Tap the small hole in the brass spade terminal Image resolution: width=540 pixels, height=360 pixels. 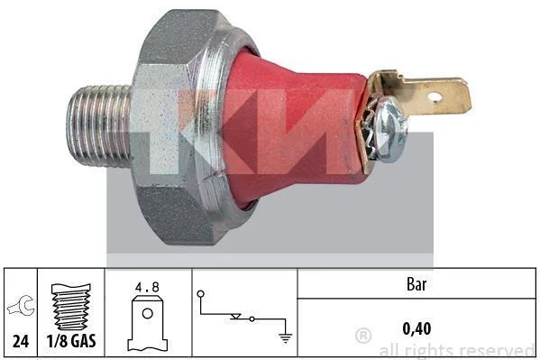tap(436, 97)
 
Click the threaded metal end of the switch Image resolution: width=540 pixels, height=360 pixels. tap(99, 126)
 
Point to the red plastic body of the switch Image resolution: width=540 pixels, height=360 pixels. tap(293, 128)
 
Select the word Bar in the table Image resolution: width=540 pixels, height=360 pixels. tap(416, 284)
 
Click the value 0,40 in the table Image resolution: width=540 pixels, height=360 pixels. tap(416, 328)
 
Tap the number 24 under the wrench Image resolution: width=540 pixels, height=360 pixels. tap(21, 341)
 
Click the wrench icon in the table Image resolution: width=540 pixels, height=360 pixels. tap(22, 306)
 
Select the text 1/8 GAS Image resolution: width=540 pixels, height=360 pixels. tap(71, 341)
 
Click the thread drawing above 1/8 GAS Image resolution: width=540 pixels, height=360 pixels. tap(71, 307)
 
